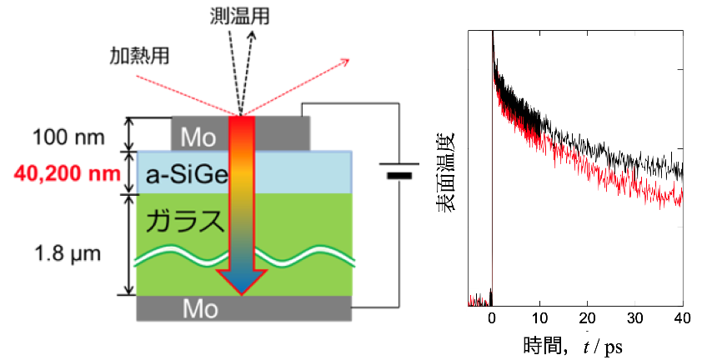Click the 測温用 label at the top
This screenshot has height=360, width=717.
point(239,17)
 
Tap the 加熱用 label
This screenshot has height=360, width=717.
point(139,56)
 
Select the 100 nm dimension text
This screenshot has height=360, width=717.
point(69,137)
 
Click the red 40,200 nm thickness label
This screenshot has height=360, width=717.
point(68,173)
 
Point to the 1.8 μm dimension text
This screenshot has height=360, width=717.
point(68,253)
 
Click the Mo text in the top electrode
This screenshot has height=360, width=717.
point(198,137)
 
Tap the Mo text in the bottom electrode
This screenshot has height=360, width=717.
point(200,309)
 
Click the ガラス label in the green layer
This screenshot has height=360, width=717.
point(186,221)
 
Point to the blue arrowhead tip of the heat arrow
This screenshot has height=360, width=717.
point(242,295)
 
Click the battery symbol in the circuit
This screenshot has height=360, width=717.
point(399,170)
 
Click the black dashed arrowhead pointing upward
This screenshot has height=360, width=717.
point(253,34)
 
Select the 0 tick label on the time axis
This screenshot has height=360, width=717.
point(492,318)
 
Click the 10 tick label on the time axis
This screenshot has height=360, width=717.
point(539,318)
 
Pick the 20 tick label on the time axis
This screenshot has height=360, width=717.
point(587,318)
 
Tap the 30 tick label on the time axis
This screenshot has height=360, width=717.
point(635,318)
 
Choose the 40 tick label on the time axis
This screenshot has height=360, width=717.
point(682,318)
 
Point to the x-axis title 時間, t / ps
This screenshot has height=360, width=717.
point(573,347)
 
